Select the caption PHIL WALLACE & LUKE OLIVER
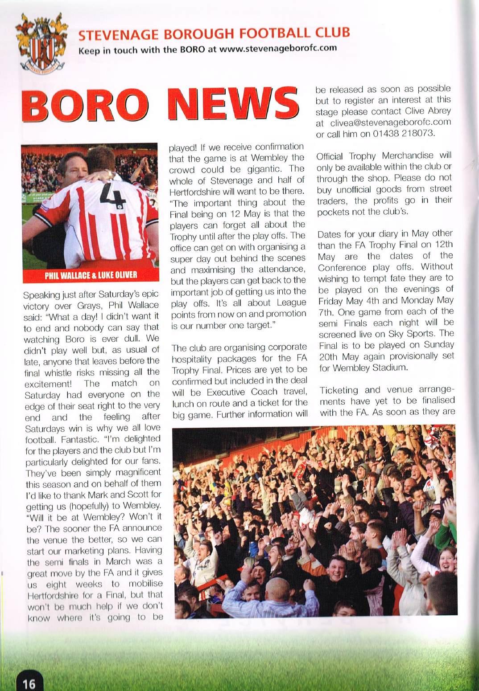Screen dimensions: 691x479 pos(91,274)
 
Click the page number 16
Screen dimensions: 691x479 pos(29,683)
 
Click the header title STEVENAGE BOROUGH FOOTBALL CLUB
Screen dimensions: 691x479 pos(214,33)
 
